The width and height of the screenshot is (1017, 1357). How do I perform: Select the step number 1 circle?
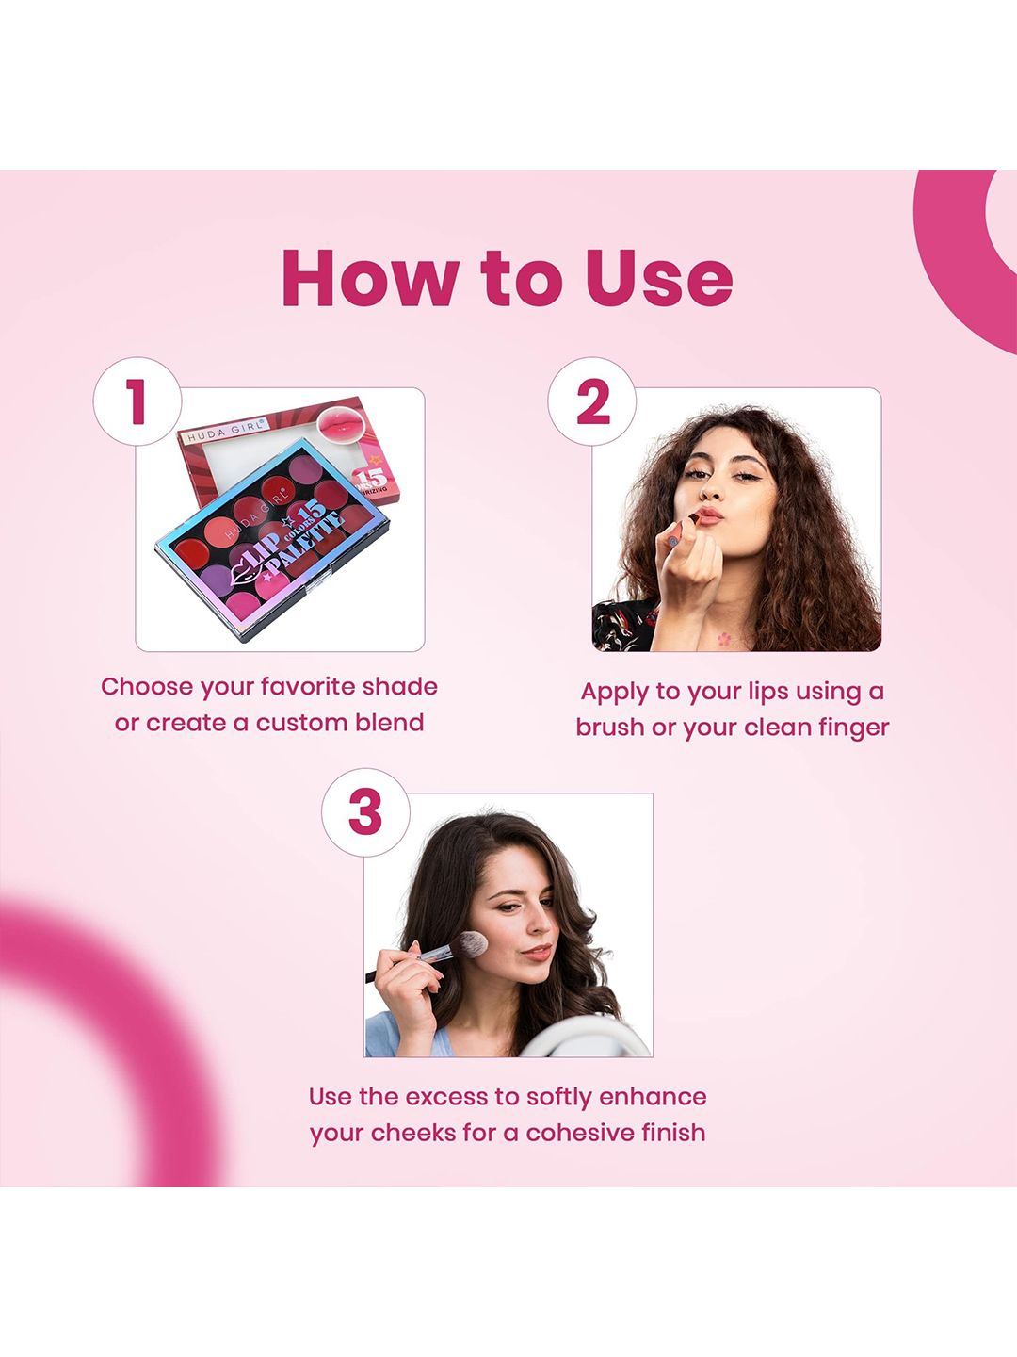[x=137, y=401]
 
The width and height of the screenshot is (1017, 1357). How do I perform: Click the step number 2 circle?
[x=591, y=401]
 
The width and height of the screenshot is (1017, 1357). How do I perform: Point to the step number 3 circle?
[x=365, y=812]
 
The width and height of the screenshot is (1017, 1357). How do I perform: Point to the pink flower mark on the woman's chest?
[x=724, y=638]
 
